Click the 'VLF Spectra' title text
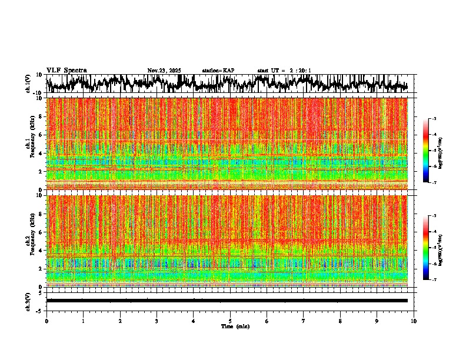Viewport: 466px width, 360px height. click(x=66, y=71)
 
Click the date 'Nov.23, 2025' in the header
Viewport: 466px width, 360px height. click(x=164, y=71)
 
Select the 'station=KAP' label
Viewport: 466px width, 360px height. click(x=218, y=71)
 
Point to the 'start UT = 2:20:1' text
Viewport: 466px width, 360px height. click(x=284, y=71)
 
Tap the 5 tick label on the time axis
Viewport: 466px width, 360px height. click(x=230, y=321)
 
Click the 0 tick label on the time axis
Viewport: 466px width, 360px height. click(x=46, y=321)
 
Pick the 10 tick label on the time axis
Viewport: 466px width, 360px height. click(x=414, y=321)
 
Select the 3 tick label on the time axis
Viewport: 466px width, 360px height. click(x=157, y=321)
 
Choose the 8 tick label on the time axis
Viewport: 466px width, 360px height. click(x=340, y=321)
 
